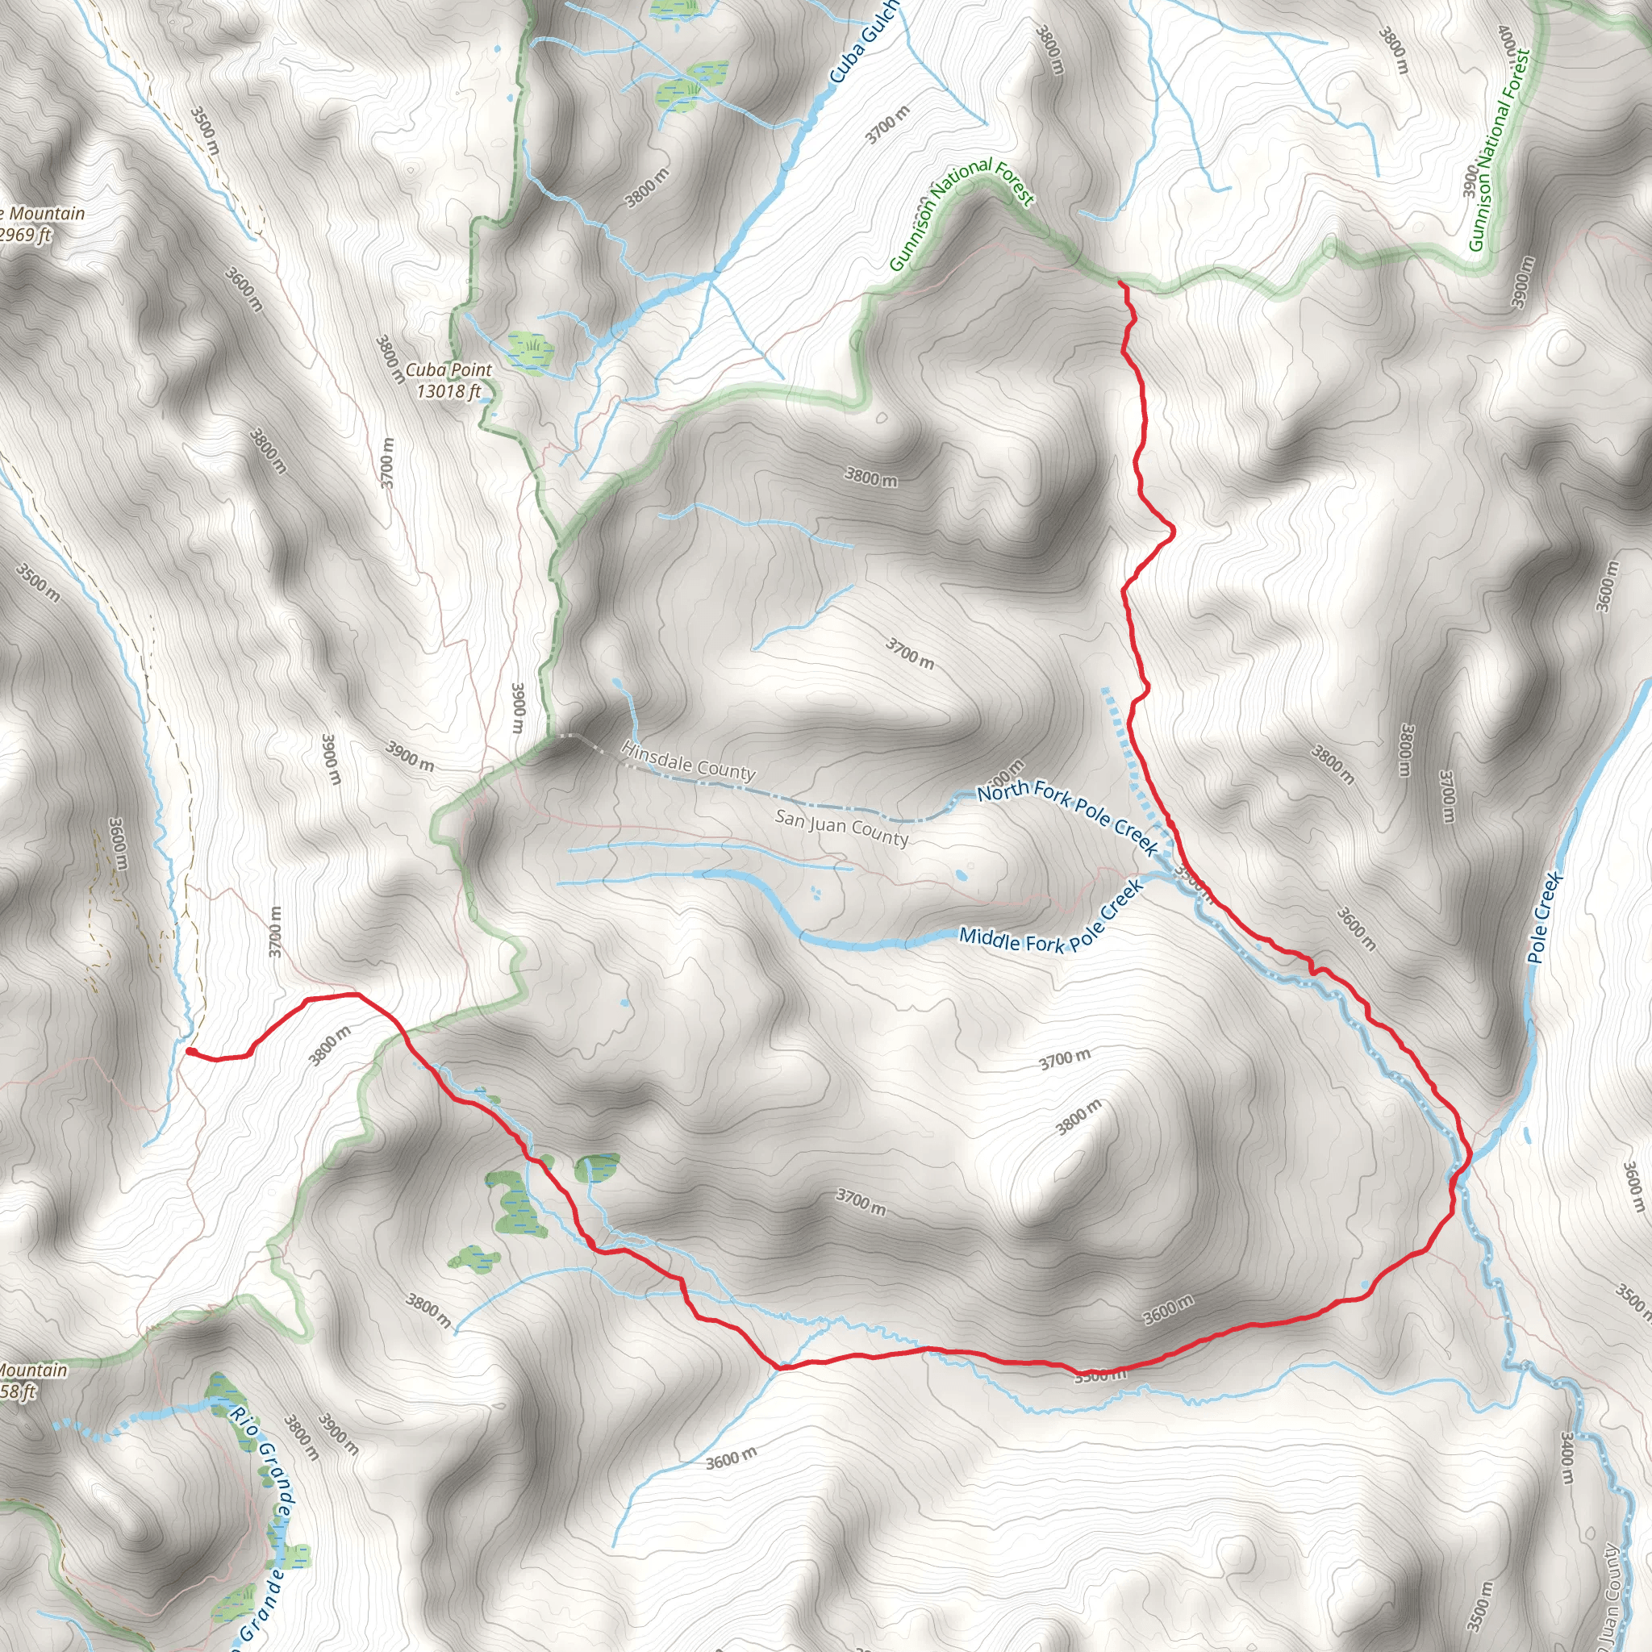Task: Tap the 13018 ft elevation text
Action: (x=448, y=391)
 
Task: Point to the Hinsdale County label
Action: (x=688, y=761)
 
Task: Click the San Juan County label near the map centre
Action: (x=841, y=828)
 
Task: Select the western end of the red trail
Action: (x=189, y=1051)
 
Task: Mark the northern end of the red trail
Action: (x=1120, y=283)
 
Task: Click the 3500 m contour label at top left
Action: (x=204, y=131)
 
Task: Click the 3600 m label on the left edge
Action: (x=118, y=844)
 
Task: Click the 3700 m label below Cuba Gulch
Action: (x=887, y=125)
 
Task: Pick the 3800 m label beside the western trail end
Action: (x=330, y=1046)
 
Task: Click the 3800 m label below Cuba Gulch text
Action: (x=646, y=188)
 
